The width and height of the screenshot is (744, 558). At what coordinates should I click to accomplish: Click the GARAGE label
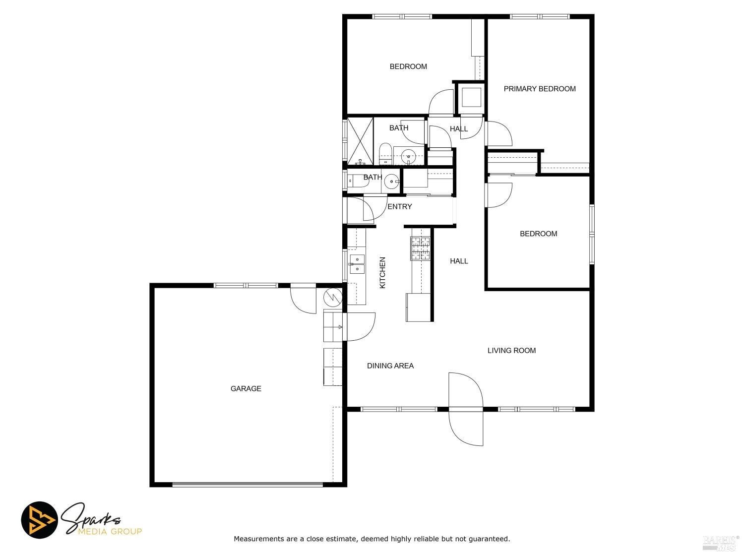click(246, 388)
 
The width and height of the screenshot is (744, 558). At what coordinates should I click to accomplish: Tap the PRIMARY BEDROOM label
click(540, 89)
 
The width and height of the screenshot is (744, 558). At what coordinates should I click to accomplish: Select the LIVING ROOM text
click(511, 351)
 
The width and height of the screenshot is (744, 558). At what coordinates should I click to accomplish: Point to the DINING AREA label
click(390, 366)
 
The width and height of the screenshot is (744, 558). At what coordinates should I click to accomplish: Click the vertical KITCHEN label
click(382, 273)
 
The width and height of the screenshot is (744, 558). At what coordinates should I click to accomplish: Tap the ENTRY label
click(400, 207)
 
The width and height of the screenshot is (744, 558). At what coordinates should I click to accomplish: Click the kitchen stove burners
click(420, 248)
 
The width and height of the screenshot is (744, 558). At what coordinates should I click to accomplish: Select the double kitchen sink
click(357, 264)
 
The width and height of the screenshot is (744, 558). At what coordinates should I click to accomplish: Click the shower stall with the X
click(360, 141)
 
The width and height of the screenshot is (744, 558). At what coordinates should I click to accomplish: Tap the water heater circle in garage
click(333, 298)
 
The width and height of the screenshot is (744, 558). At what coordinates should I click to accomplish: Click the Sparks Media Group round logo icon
click(39, 520)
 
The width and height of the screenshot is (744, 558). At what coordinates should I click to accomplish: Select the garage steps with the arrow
click(333, 325)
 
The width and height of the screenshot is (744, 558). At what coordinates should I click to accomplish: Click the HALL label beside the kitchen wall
click(459, 261)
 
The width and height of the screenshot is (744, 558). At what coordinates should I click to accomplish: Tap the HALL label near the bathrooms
click(459, 129)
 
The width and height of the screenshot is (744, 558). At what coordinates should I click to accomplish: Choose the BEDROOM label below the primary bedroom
click(538, 234)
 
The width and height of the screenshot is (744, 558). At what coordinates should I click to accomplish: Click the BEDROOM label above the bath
click(408, 67)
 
